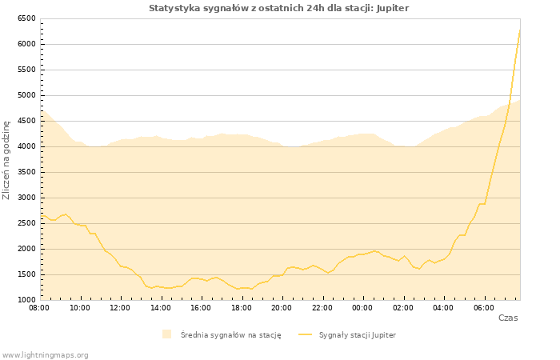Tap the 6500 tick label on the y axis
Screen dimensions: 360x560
26,18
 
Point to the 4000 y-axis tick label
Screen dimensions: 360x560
26,146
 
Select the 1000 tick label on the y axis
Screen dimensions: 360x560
26,300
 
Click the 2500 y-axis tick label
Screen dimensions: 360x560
26,223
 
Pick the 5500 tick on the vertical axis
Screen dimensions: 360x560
26,70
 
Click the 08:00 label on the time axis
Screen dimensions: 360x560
39,307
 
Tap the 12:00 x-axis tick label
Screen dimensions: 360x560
120,307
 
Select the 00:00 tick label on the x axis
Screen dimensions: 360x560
362,307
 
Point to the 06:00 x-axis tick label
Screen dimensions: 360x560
484,307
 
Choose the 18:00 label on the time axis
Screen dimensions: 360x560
242,307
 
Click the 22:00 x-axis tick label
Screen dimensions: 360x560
322,307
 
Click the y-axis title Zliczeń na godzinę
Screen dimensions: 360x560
6,160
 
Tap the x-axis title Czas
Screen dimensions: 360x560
507,318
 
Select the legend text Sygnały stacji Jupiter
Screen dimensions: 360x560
357,335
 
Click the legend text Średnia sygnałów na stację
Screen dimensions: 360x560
230,335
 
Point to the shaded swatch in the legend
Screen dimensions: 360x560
166,334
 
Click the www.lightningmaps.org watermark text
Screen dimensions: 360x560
45,354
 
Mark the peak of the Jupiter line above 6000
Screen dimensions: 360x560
519,30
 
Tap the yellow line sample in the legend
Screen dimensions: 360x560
304,334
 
